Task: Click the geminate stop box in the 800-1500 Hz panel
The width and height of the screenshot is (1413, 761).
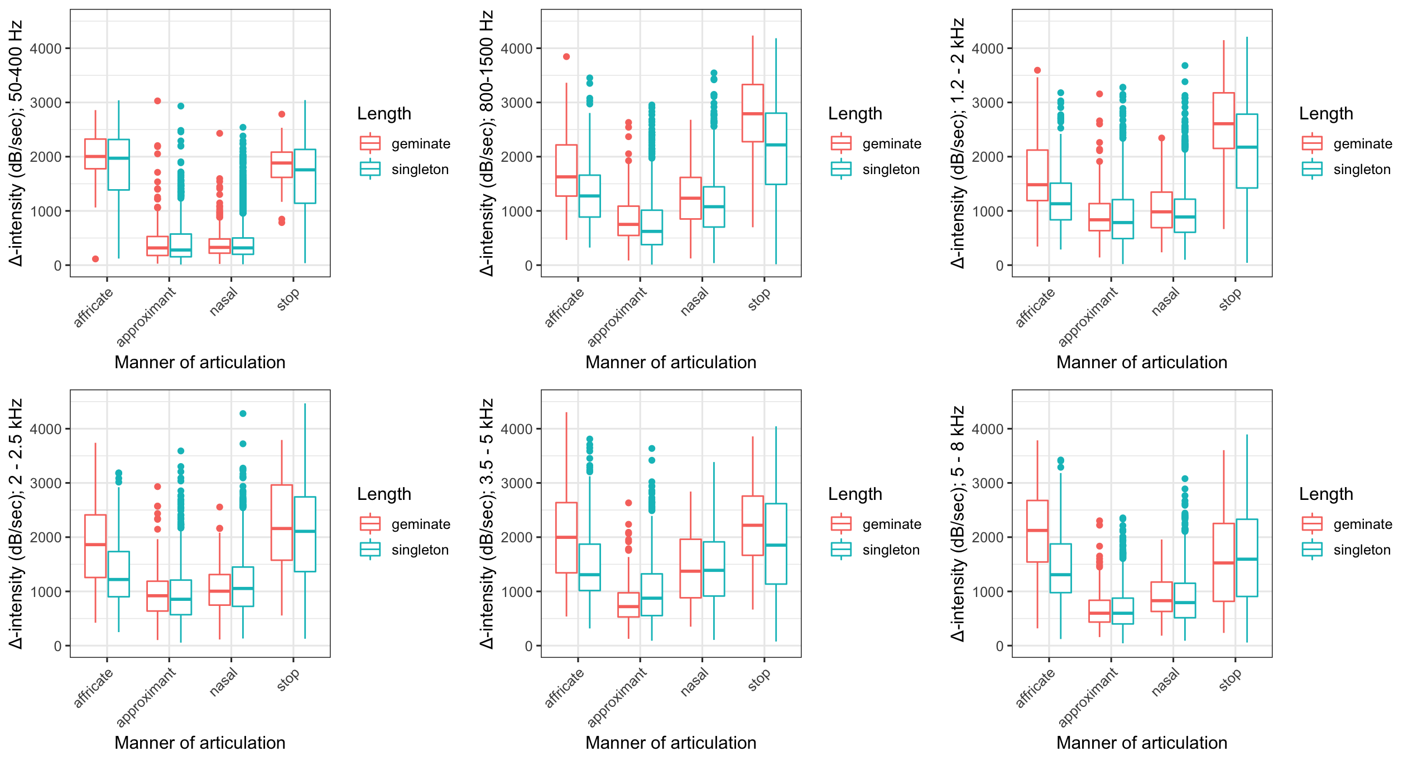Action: [752, 113]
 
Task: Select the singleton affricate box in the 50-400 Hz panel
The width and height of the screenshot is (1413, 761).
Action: [118, 165]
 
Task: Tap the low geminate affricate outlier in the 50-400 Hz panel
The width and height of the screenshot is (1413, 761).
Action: [95, 259]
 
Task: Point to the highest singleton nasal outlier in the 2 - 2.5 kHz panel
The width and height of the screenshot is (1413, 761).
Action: [243, 413]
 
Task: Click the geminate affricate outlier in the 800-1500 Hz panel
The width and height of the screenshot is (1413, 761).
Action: [566, 56]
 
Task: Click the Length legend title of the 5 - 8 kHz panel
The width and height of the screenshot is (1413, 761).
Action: [1326, 494]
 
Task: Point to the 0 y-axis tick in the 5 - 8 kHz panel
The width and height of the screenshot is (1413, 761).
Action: [999, 646]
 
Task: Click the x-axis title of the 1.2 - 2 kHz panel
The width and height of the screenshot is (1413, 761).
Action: [1141, 363]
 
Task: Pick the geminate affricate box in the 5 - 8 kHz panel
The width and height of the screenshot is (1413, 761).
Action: [1037, 531]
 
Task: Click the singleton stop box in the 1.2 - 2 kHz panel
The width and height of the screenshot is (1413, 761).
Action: [1247, 151]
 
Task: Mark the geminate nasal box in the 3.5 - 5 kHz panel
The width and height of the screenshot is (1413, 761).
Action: [690, 569]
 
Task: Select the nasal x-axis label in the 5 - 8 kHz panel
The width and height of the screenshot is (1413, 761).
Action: [1166, 682]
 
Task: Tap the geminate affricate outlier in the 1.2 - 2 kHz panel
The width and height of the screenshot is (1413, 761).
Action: [1037, 70]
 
